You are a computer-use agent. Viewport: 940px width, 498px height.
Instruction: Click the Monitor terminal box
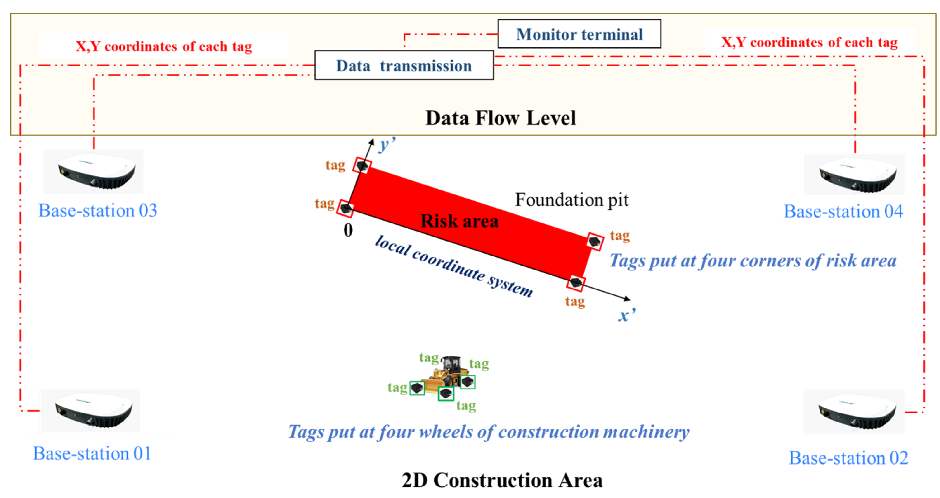tap(579, 34)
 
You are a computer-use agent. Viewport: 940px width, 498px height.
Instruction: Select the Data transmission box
tap(404, 65)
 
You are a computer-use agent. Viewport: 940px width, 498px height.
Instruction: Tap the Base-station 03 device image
tap(94, 172)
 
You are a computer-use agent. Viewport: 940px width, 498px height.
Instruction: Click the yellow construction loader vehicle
tap(446, 372)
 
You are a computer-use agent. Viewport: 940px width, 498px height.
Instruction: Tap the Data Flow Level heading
tap(501, 118)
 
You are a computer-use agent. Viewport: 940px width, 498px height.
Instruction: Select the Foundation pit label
tap(572, 200)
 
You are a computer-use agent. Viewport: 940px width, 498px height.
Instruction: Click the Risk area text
tap(459, 221)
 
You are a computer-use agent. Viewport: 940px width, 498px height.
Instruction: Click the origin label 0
tap(348, 230)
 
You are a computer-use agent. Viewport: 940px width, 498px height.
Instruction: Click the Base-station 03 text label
tap(98, 210)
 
